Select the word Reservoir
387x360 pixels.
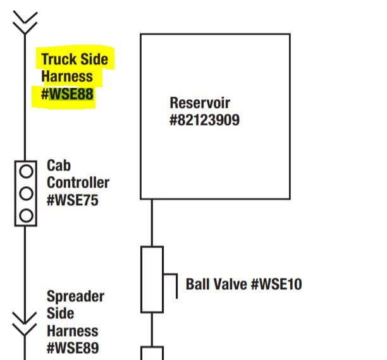tap(200, 102)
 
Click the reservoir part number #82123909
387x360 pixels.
tap(204, 119)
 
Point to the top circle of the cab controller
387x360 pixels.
tap(26, 171)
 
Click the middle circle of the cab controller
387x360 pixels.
tap(26, 193)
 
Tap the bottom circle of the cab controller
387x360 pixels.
tap(26, 215)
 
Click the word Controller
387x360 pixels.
tap(78, 183)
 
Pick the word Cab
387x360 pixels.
tap(59, 165)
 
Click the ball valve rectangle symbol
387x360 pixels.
tap(152, 279)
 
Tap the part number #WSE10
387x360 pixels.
tap(276, 284)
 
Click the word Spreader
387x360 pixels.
tap(76, 296)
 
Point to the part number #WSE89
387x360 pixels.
tap(73, 347)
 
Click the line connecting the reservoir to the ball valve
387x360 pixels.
tap(152, 222)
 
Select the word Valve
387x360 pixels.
tap(230, 284)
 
